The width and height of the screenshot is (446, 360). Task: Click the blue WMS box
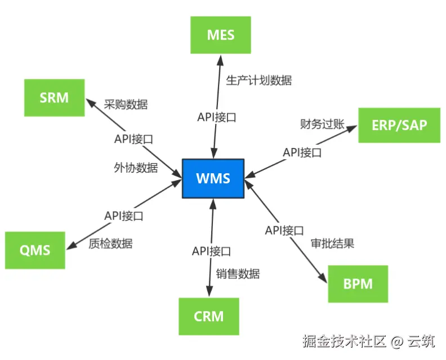click(x=213, y=178)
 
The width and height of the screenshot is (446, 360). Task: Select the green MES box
click(x=221, y=35)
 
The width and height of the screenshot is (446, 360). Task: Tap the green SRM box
click(x=54, y=98)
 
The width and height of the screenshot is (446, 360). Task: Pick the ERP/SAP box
click(x=399, y=125)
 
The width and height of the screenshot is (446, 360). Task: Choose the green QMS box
click(x=35, y=250)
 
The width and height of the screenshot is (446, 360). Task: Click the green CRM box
click(x=208, y=316)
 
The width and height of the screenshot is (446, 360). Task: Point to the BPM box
click(x=358, y=283)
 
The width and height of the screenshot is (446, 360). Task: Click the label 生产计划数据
click(x=258, y=80)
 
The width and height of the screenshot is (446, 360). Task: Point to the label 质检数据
click(x=110, y=244)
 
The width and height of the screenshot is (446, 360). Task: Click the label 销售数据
click(x=238, y=274)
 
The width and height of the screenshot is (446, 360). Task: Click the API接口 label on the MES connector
click(x=216, y=118)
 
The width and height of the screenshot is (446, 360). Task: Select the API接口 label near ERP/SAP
click(x=302, y=152)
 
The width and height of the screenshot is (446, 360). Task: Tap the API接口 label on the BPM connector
click(x=284, y=230)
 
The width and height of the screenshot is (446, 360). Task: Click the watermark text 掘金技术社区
click(x=344, y=341)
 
